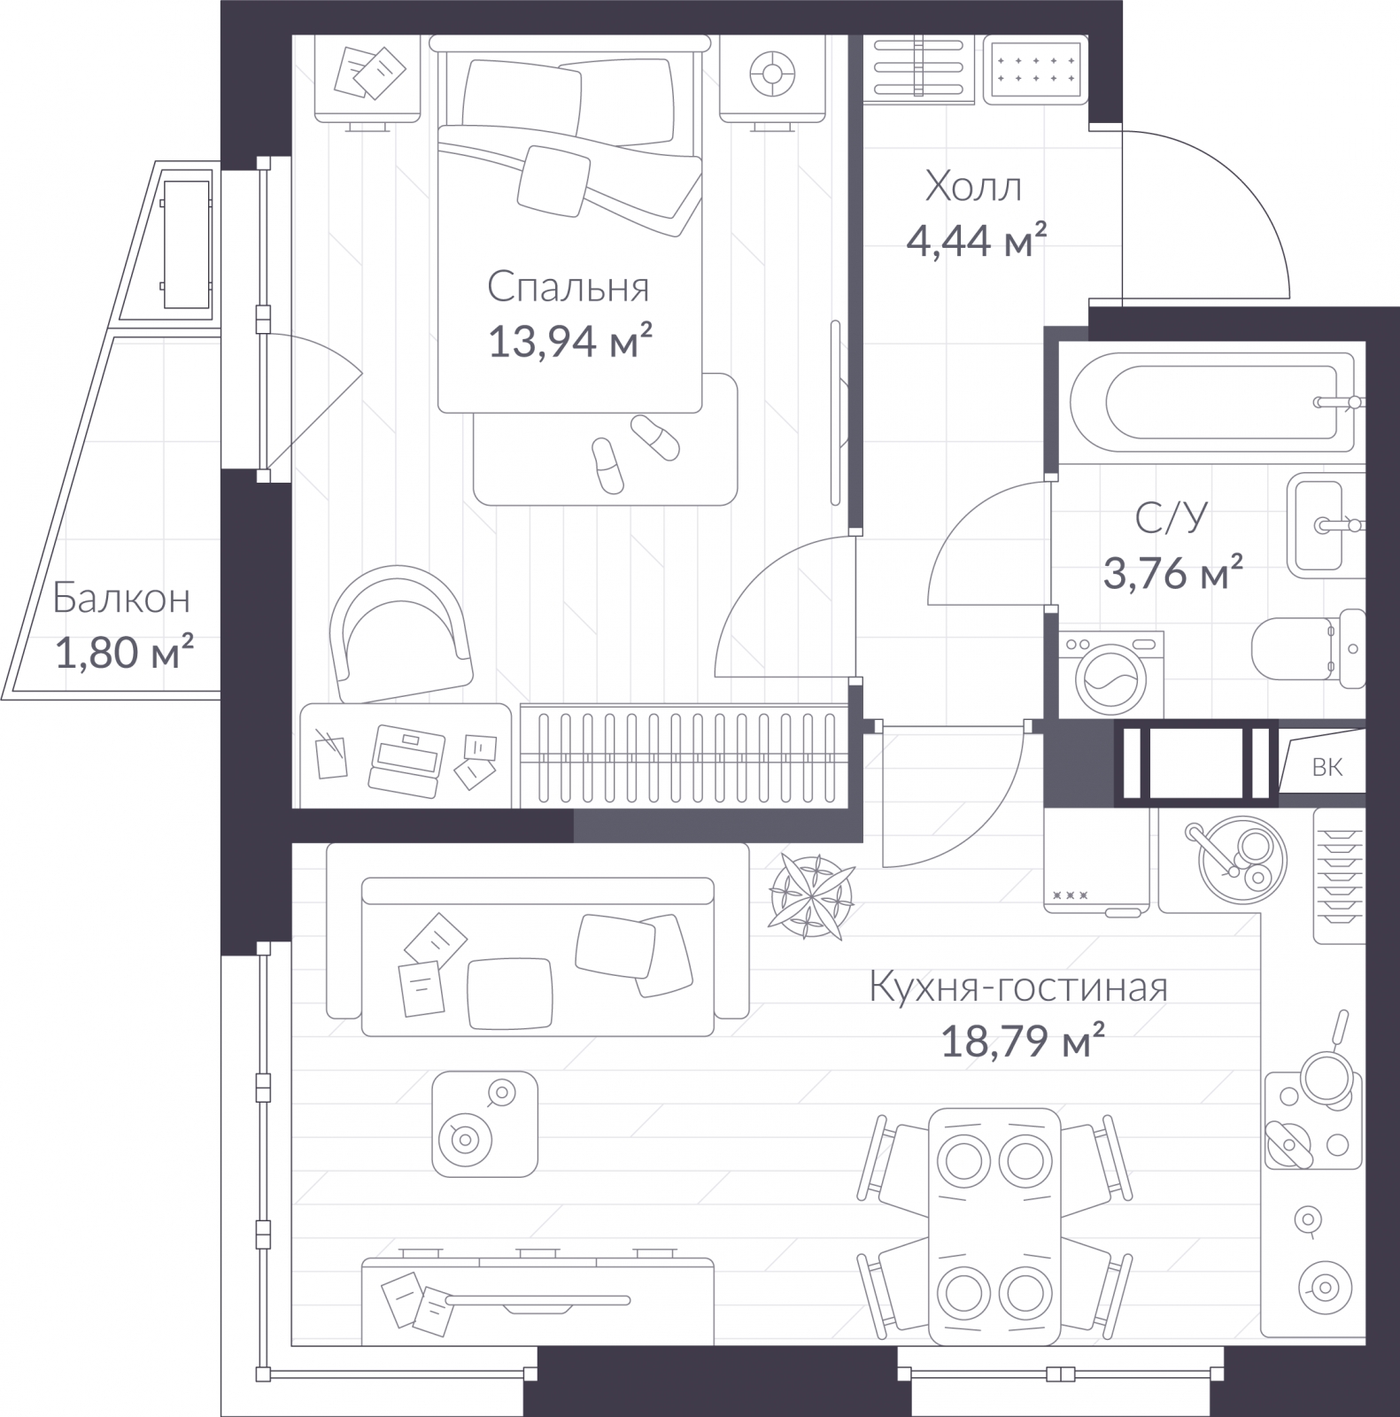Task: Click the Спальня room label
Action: (568, 289)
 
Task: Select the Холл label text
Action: (973, 187)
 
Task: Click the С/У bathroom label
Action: (1172, 518)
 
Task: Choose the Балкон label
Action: (121, 599)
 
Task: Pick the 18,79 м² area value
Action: (1022, 1041)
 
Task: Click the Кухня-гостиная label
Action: (1018, 987)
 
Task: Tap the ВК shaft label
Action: (1327, 767)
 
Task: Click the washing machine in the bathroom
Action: (1111, 674)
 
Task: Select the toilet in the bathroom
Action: (1310, 648)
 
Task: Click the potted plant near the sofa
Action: (812, 895)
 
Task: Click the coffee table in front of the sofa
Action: (484, 1123)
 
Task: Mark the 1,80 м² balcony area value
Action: (125, 654)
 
